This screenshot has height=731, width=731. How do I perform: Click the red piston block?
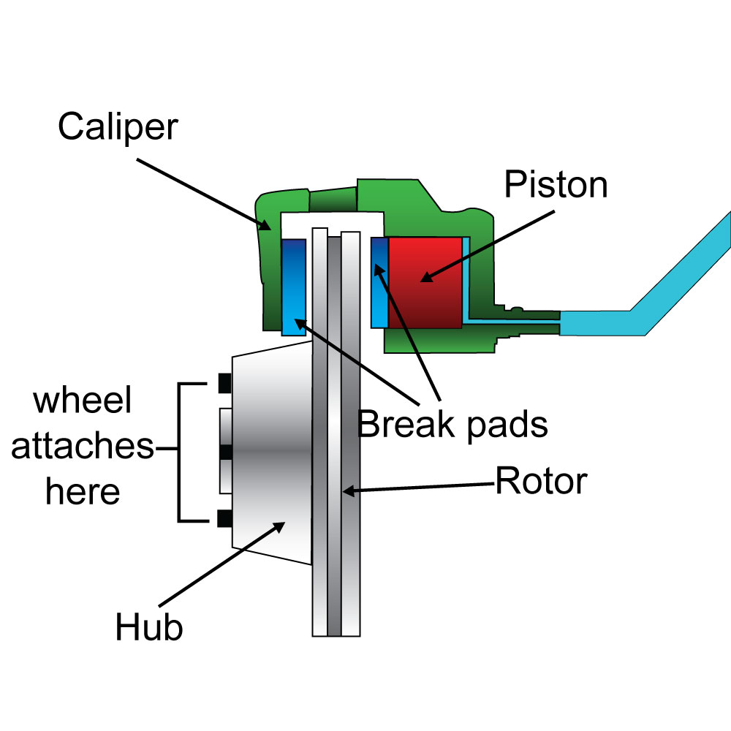424,281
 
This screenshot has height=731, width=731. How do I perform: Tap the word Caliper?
118,126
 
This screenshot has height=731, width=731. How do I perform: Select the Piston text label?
556,185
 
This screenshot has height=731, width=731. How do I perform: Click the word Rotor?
541,481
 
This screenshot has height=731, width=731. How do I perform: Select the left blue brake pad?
293,287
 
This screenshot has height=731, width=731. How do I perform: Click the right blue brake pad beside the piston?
379,282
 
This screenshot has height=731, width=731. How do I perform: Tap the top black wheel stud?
225,382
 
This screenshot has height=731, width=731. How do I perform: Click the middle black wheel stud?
225,452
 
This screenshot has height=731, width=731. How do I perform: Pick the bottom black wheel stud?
225,519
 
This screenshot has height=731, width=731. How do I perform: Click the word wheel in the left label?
83,401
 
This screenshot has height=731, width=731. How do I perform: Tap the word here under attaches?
83,492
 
